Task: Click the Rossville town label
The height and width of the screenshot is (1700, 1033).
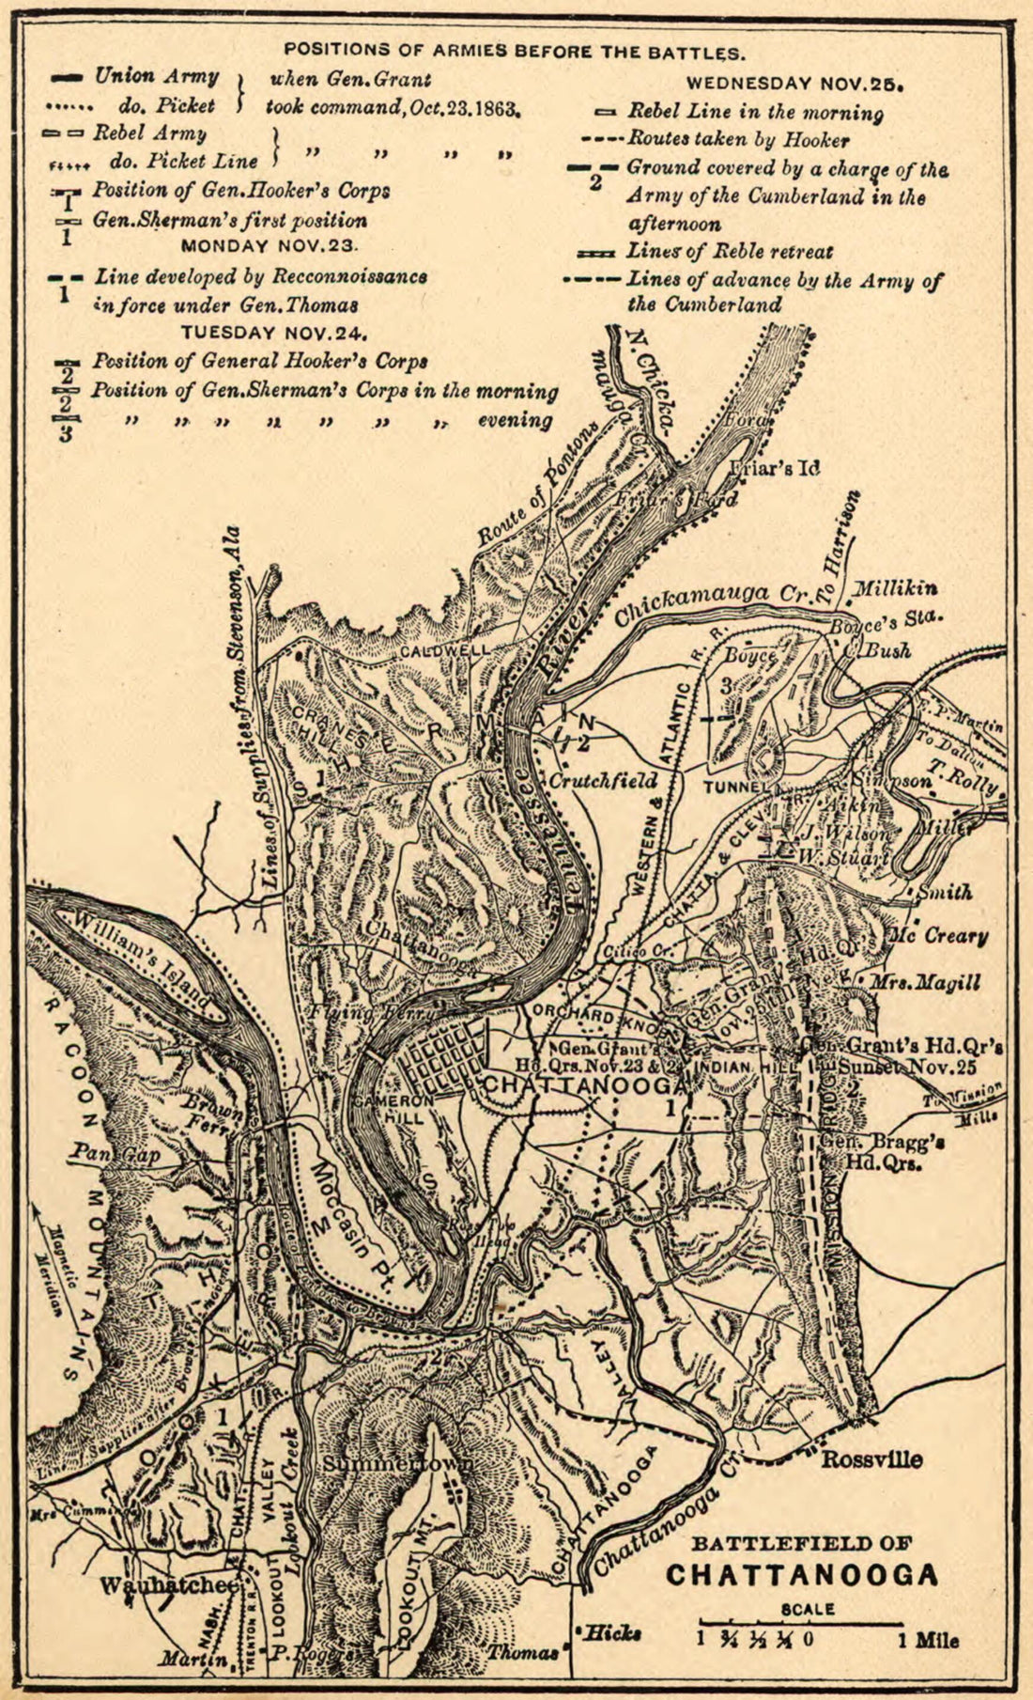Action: pos(871,1459)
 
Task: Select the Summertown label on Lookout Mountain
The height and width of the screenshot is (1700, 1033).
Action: pos(398,1465)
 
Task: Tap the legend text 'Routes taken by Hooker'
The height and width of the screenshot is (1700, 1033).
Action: pos(738,141)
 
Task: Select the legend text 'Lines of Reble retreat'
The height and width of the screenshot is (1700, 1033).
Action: pos(730,252)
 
